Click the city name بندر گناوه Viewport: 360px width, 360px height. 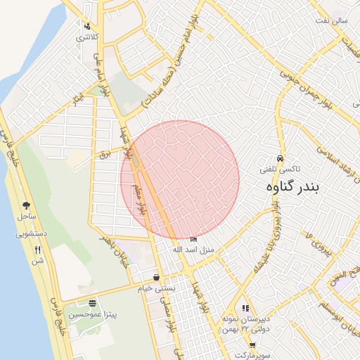(x=303, y=188)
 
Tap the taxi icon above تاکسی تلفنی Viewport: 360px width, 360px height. (x=281, y=158)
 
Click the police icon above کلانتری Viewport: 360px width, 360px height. (x=87, y=26)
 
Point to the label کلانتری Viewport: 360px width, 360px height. (x=88, y=37)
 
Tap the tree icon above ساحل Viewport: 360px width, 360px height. (x=27, y=206)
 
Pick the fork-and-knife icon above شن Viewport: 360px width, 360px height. (x=37, y=250)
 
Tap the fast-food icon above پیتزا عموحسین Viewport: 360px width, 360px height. (x=93, y=303)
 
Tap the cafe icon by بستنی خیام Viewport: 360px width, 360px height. (x=156, y=277)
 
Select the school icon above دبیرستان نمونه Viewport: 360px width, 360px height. (x=245, y=308)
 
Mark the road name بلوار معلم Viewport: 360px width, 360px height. (x=139, y=198)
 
